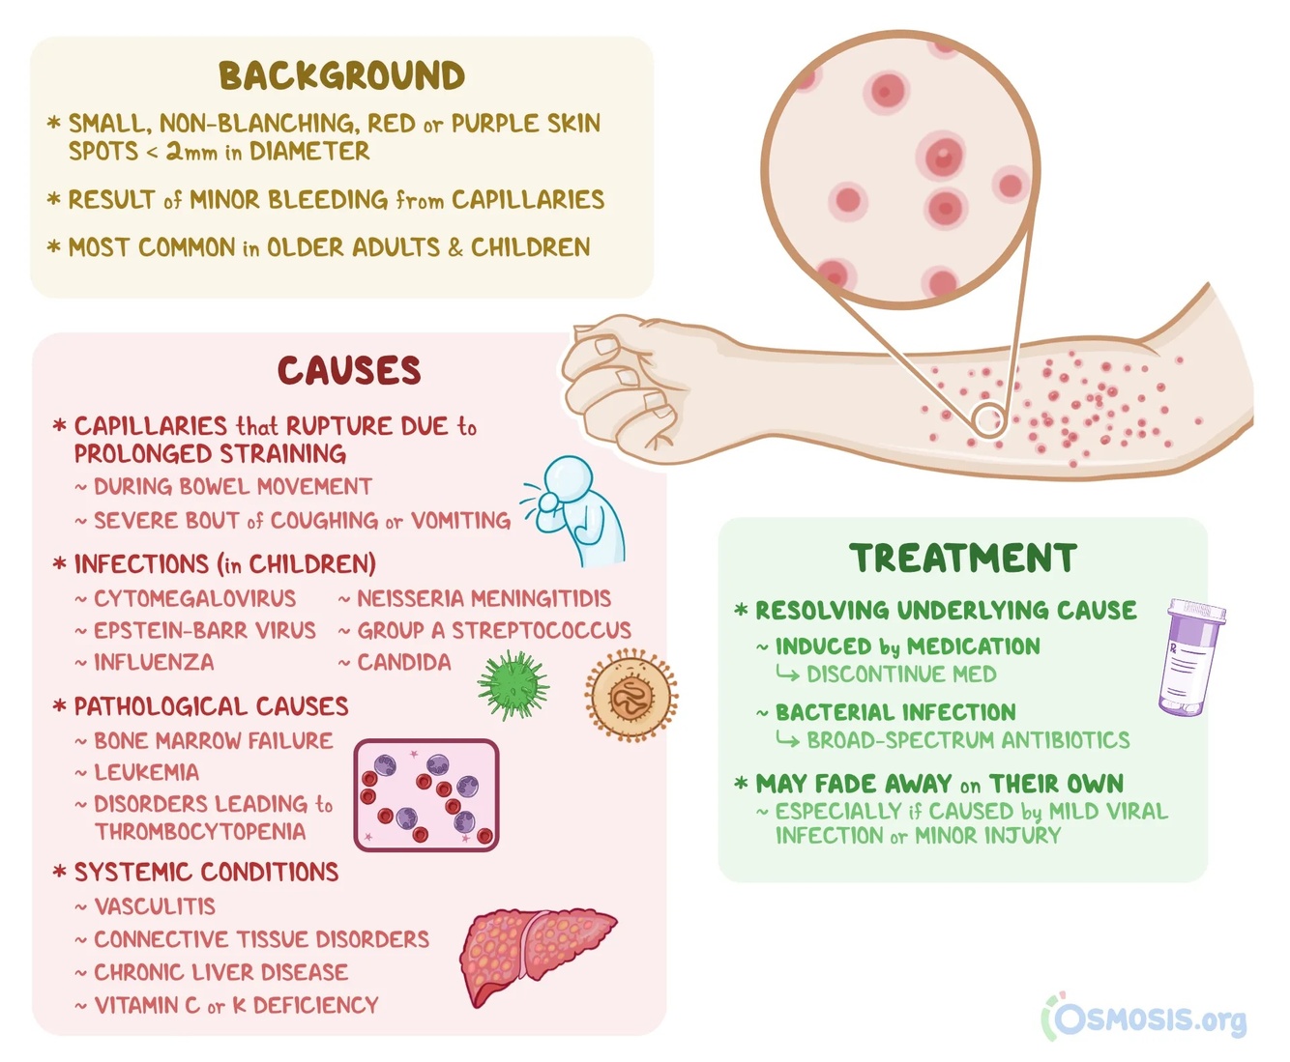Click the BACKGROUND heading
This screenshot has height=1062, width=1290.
pos(341,76)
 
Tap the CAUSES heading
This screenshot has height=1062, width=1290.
pos(349,370)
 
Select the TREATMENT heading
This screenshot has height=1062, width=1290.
pos(963,559)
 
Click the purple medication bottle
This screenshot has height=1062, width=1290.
pos(1192,656)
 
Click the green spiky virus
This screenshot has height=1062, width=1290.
pos(513,685)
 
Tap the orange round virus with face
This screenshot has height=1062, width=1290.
pos(630,694)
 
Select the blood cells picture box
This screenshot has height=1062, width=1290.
pos(426,794)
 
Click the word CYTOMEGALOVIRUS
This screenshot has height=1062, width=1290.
pos(194,599)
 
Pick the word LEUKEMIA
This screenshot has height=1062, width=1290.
pos(146,773)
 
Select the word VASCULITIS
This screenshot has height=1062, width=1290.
pos(155,906)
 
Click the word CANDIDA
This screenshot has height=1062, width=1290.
pos(404,663)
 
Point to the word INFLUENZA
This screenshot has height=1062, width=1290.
pos(154,663)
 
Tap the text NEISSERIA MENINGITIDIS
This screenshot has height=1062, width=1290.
pos(484,599)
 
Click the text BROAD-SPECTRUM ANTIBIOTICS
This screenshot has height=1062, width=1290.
pos(968,740)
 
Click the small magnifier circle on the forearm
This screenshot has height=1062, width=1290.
pos(988,420)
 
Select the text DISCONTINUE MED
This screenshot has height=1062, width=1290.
pos(901,675)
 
